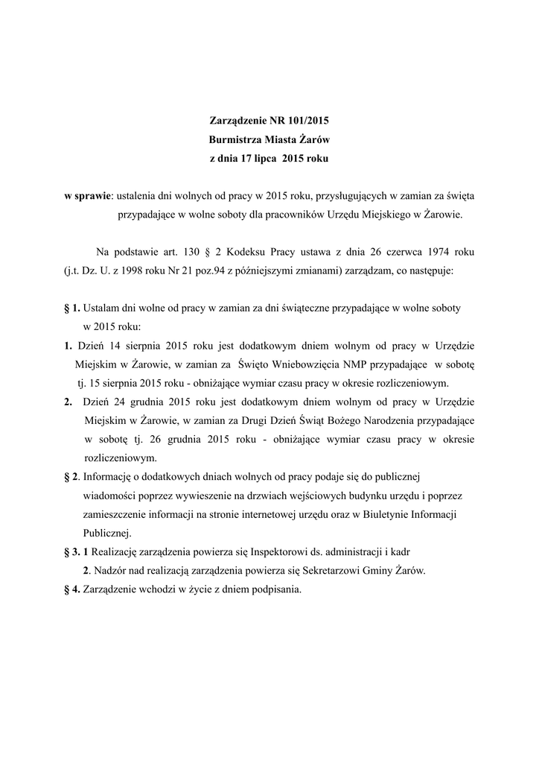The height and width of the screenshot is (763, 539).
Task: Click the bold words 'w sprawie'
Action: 87,195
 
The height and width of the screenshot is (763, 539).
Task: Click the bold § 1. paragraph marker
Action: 72,307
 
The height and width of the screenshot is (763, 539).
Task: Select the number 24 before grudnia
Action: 115,402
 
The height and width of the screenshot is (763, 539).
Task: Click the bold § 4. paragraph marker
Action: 73,589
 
